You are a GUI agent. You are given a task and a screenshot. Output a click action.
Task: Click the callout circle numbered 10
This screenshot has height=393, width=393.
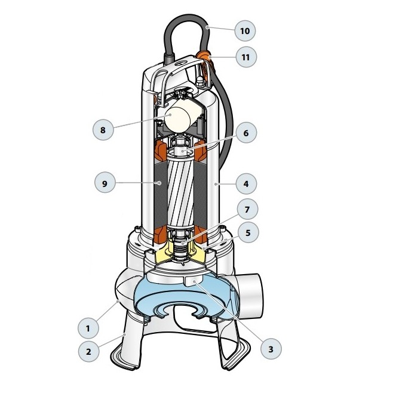point(245,31)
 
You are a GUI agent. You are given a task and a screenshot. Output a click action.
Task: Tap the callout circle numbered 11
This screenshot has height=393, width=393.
point(246,57)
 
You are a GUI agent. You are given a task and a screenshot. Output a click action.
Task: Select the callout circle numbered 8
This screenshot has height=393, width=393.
point(103,130)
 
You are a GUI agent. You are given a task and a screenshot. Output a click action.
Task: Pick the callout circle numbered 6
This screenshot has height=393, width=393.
point(246,133)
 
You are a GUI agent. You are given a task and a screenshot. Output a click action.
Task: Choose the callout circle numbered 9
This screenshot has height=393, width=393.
point(105,183)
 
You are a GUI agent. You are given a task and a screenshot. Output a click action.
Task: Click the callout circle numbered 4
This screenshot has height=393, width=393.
point(246,184)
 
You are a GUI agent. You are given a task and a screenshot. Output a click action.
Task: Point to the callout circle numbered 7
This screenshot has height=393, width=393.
point(247,209)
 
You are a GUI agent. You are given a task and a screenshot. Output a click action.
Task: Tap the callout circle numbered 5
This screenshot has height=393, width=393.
point(248,232)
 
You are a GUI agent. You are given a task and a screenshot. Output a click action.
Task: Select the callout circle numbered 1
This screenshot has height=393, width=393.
point(88,328)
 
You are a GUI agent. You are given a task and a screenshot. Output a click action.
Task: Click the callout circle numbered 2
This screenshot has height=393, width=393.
point(89,351)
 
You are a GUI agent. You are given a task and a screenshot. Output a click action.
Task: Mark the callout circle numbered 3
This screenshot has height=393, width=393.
point(271,349)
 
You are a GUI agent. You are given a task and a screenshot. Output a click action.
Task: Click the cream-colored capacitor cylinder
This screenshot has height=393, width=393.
point(180,116)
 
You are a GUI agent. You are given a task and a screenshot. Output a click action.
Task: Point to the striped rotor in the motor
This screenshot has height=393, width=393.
point(181,190)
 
